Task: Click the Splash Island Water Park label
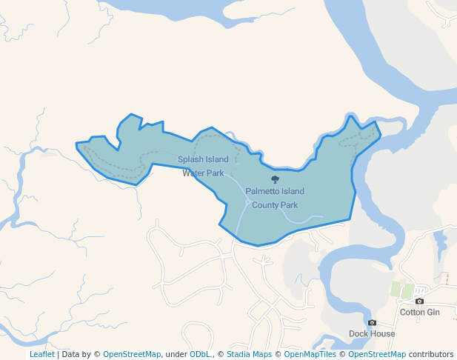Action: coord(203,166)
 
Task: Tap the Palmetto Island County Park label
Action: coord(275,198)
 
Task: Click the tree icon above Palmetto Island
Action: coord(276,179)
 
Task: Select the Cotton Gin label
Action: coord(420,312)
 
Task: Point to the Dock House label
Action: coord(372,333)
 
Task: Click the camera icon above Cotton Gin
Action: coord(420,301)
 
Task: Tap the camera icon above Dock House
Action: coord(372,322)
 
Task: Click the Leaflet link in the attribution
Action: coord(41,354)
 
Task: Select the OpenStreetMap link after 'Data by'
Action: coord(131,354)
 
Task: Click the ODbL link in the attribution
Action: coord(199,354)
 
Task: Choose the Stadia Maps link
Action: coord(249,354)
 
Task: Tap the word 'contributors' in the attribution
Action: coord(431,354)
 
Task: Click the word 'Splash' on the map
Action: coord(190,159)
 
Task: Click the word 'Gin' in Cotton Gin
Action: coord(433,312)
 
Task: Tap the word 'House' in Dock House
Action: coord(383,333)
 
